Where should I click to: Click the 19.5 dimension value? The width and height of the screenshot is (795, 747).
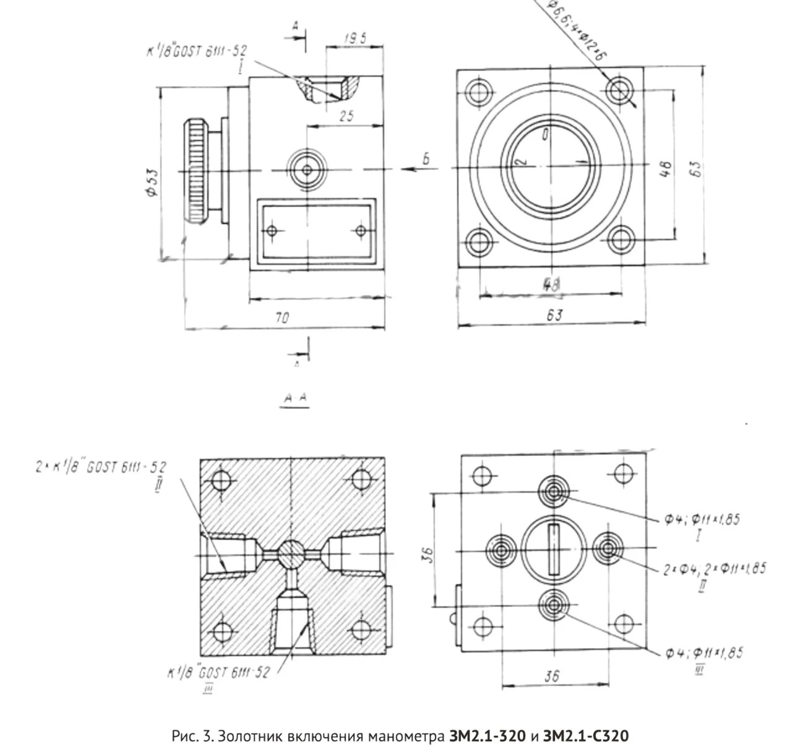[x=355, y=39]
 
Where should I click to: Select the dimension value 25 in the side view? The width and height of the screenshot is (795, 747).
[x=346, y=115]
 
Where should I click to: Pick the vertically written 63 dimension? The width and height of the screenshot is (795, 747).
[x=695, y=168]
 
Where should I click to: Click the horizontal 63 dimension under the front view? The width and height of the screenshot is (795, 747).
[x=554, y=315]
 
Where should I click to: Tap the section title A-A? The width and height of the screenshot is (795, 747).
[x=295, y=401]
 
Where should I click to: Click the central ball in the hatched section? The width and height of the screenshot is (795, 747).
[x=290, y=553]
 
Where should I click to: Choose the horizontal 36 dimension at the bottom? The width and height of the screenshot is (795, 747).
[x=551, y=676]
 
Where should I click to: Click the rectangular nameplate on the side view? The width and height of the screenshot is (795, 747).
[x=316, y=231]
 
